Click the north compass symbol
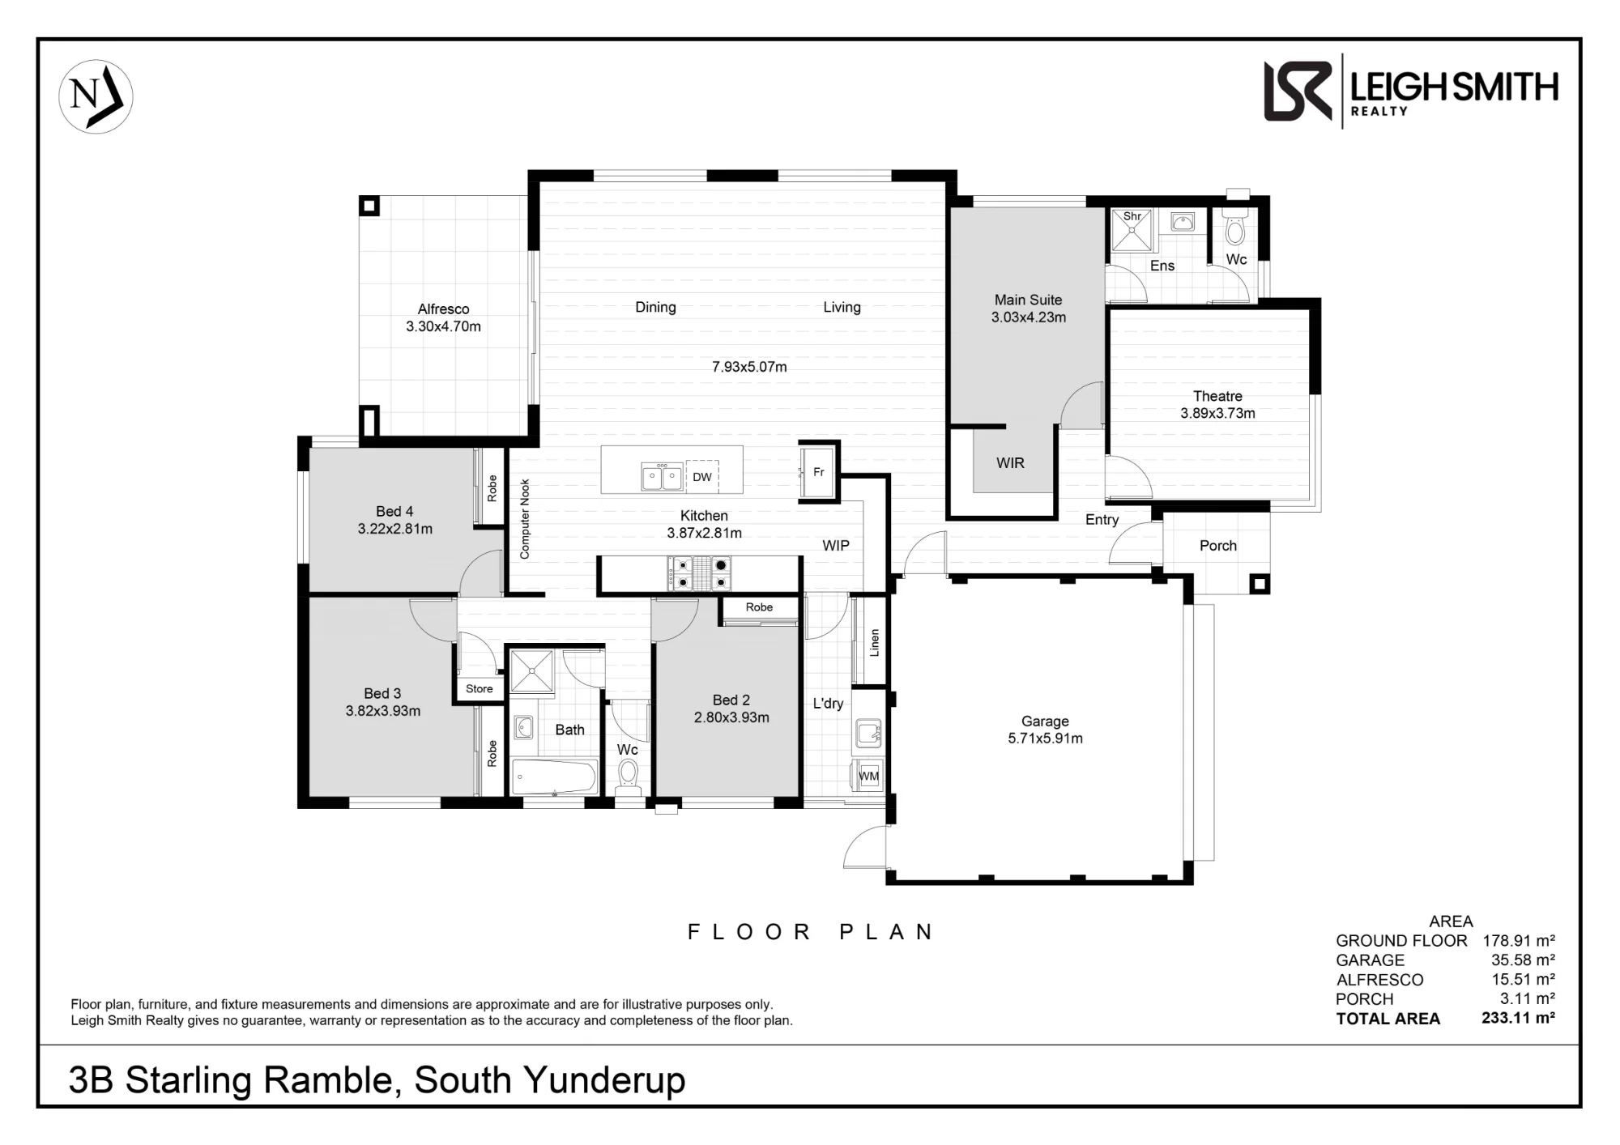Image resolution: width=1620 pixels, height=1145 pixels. point(96,96)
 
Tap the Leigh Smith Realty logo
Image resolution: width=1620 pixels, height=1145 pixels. point(1411,92)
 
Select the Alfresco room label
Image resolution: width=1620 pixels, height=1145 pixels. point(443,309)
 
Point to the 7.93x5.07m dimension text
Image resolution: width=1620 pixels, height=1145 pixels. point(749,367)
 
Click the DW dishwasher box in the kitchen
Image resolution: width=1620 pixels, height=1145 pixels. point(702,477)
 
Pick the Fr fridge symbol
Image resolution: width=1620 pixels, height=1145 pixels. point(818,472)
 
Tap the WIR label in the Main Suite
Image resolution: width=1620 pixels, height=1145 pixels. point(1010,463)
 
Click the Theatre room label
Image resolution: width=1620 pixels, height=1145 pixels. point(1217,396)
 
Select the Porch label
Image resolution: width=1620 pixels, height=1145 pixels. point(1218,546)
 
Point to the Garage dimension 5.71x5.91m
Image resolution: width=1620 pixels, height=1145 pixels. point(1045,739)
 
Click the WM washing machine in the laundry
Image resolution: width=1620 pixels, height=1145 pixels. point(869,776)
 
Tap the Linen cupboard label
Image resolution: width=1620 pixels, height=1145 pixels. point(875,643)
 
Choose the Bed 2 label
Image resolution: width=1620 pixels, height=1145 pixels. point(731,700)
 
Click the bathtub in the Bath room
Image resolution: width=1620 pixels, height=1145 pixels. point(555,778)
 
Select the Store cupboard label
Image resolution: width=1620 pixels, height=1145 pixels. point(479,689)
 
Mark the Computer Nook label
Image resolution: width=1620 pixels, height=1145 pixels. point(524,519)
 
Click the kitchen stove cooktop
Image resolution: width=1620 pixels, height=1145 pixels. point(699,573)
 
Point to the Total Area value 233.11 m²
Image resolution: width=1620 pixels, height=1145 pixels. point(1518,1018)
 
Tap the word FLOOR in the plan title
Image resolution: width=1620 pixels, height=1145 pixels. point(748,932)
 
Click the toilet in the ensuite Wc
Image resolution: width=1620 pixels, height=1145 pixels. point(1234,228)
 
